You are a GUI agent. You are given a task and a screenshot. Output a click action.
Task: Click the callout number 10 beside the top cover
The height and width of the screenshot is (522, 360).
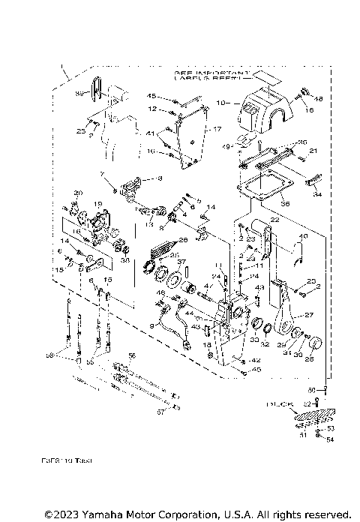220,101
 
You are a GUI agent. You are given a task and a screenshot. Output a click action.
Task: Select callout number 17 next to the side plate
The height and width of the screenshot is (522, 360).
218,129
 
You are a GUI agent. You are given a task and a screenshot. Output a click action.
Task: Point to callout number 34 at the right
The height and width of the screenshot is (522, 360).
317,194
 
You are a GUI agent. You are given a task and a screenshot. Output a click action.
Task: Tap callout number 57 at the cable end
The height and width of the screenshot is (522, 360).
159,412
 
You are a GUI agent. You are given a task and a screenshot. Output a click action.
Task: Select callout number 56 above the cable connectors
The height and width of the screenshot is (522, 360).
132,355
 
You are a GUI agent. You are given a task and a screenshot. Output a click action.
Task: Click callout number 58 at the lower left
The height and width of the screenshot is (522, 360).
49,355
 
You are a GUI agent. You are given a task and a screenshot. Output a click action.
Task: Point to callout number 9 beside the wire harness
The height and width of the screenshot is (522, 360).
152,325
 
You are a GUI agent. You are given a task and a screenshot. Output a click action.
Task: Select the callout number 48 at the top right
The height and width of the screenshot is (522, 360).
318,99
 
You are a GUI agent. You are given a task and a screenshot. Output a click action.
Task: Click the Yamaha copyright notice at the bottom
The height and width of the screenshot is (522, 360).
197,514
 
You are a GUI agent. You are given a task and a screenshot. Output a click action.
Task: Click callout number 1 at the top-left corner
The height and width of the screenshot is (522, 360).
64,73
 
